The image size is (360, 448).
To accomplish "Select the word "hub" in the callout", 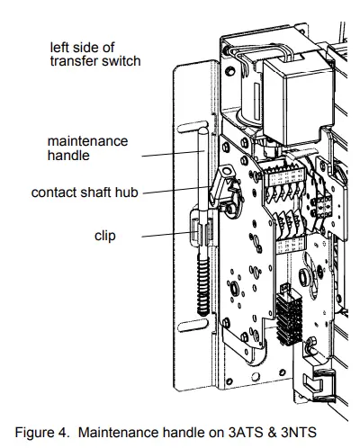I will coord(128,193).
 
